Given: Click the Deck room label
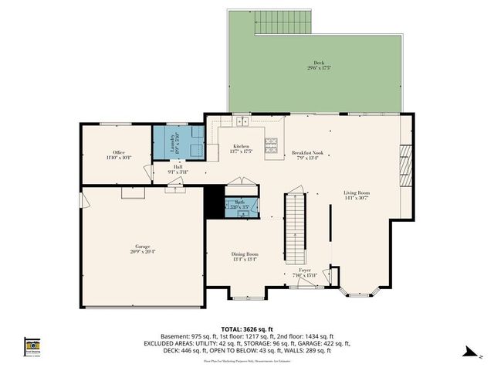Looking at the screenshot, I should [x=319, y=66].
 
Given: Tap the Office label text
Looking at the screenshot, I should [x=119, y=155].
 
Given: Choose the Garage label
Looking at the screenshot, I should [x=142, y=249].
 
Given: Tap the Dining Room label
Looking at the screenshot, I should [x=245, y=256].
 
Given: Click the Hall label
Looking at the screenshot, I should [x=178, y=168].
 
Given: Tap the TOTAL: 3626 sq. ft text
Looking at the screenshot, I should [x=247, y=328].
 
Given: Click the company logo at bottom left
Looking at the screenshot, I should [x=32, y=345].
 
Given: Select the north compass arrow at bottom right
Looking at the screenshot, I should [x=468, y=353].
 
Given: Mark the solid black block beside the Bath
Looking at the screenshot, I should [x=214, y=203].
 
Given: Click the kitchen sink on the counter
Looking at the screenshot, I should [x=242, y=121].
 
